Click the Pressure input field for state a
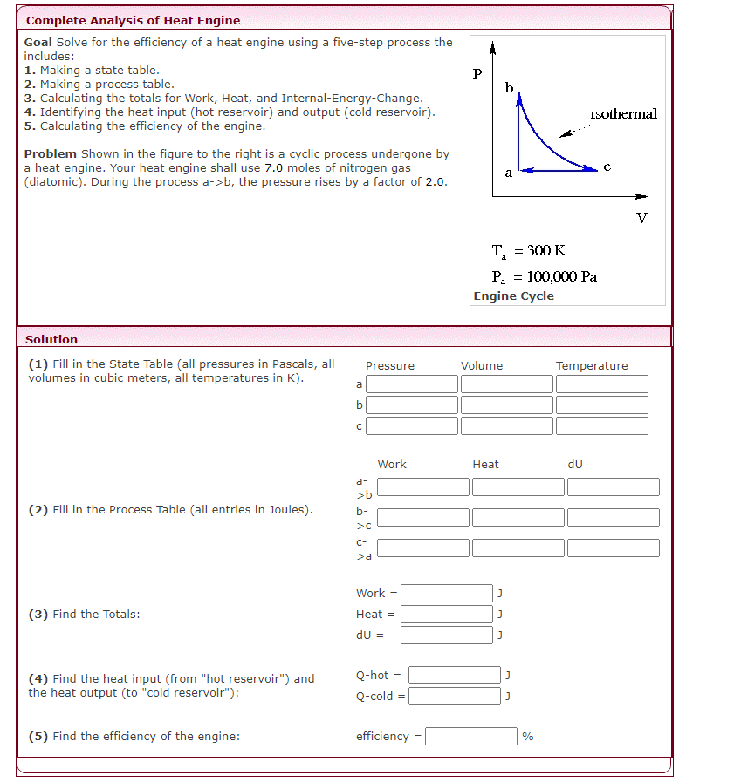pos(411,384)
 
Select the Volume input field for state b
pos(506,405)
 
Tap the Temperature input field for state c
pos(601,425)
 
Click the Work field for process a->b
pos(423,486)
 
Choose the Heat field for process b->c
pos(518,517)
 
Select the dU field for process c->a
pos(613,547)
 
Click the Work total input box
pos(447,594)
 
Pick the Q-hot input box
pos(454,675)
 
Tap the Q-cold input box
pos(454,696)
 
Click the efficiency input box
pos(471,737)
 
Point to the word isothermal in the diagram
pos(623,114)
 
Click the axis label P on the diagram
pos(477,74)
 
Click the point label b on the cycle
pos(509,88)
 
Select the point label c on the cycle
pos(607,166)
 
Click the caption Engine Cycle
pos(513,296)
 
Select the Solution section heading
pos(51,339)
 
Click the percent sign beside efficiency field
pos(527,737)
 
